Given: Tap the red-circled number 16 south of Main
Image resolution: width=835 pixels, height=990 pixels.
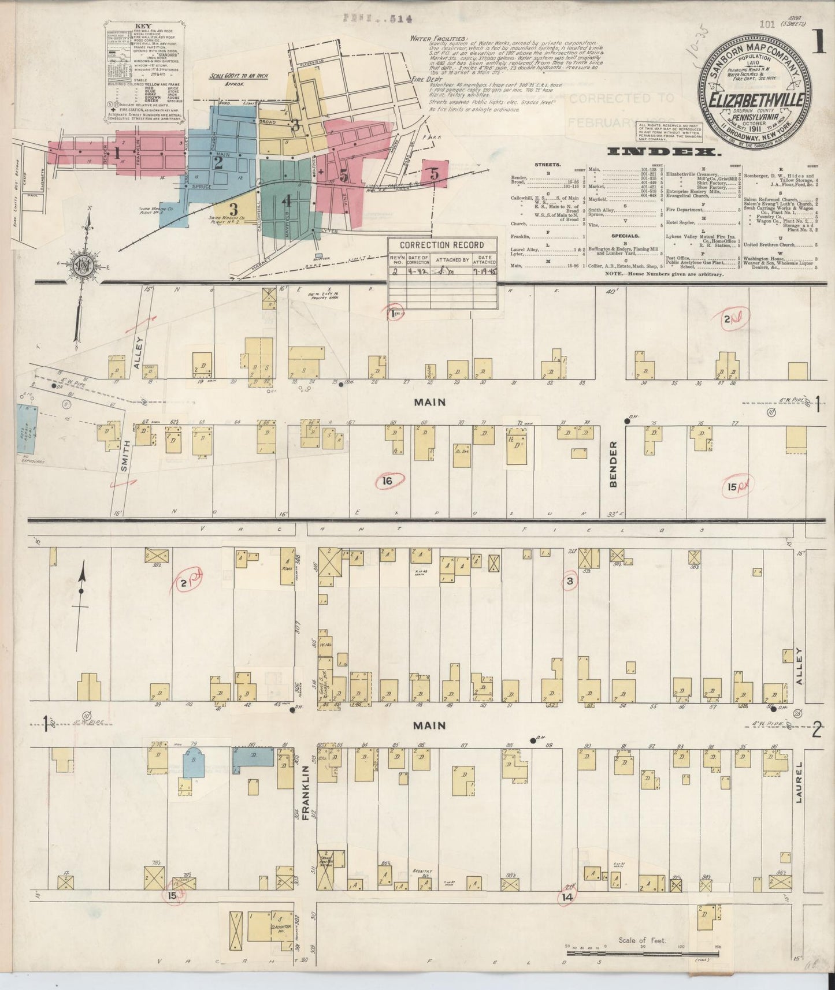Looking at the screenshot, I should pos(387,481).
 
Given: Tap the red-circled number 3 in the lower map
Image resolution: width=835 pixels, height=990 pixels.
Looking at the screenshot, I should pos(569,582).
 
